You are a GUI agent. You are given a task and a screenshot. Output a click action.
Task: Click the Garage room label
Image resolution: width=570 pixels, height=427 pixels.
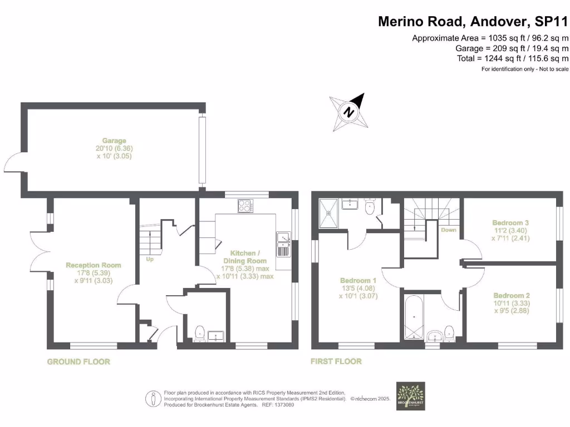(x=114, y=141)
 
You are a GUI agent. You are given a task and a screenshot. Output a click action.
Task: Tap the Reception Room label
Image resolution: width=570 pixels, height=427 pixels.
(x=94, y=265)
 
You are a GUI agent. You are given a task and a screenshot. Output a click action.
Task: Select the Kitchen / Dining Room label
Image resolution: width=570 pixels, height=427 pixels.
(x=244, y=257)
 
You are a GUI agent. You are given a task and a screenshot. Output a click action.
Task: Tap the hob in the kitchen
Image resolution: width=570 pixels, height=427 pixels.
(x=245, y=205)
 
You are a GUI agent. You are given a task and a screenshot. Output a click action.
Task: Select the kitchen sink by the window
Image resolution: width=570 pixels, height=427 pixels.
(x=283, y=244)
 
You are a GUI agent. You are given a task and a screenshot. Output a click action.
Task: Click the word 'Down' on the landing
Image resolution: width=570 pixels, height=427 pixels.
(x=448, y=229)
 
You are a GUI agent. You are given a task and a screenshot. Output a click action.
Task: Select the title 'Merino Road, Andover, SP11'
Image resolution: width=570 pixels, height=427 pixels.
(x=473, y=22)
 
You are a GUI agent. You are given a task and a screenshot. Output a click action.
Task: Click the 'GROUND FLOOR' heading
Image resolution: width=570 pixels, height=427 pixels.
(x=78, y=361)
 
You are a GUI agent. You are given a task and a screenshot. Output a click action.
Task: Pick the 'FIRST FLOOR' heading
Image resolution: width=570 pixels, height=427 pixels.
(x=336, y=361)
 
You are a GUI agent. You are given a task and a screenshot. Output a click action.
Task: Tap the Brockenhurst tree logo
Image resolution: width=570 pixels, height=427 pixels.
(x=410, y=395)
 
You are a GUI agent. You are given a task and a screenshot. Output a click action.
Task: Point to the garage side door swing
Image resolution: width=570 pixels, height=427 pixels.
(x=12, y=162)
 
